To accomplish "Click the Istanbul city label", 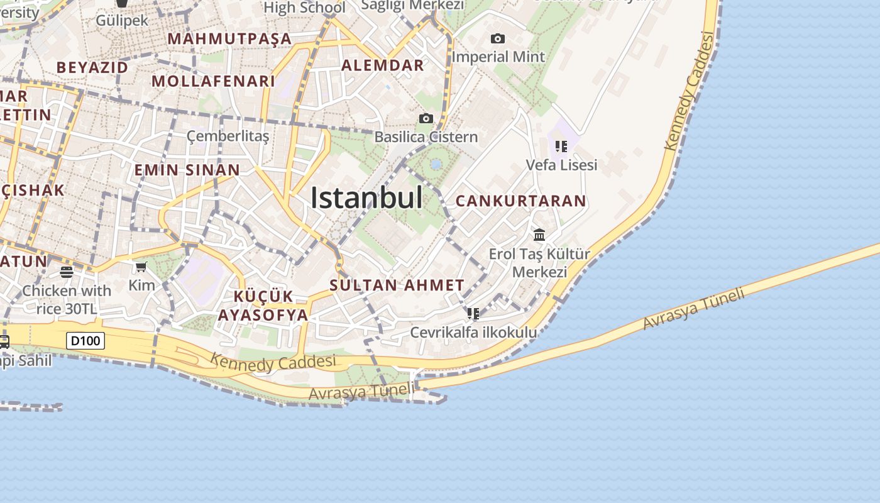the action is click(x=366, y=198).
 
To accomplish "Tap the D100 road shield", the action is click(x=85, y=341).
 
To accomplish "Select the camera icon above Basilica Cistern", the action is click(x=426, y=118).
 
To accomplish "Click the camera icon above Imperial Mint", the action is click(x=498, y=39).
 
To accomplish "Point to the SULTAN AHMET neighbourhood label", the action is click(x=397, y=285).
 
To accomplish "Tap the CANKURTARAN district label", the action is click(x=520, y=201).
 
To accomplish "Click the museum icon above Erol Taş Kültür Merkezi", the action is click(x=539, y=235).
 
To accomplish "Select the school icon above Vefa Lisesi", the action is click(x=561, y=146).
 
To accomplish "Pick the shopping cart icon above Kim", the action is click(x=141, y=267).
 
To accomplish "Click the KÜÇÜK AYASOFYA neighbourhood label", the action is click(x=263, y=306).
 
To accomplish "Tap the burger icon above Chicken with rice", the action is click(x=67, y=272).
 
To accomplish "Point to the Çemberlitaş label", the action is click(x=228, y=136).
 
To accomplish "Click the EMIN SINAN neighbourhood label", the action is click(x=187, y=170).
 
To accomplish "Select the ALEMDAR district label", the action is click(x=383, y=65).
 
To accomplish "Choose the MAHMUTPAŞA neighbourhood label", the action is click(x=229, y=39).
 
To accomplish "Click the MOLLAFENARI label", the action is click(x=214, y=81).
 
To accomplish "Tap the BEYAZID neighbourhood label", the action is click(x=92, y=67).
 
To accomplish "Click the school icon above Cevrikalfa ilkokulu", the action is click(x=473, y=313).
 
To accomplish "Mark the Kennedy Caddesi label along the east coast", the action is click(x=690, y=92).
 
